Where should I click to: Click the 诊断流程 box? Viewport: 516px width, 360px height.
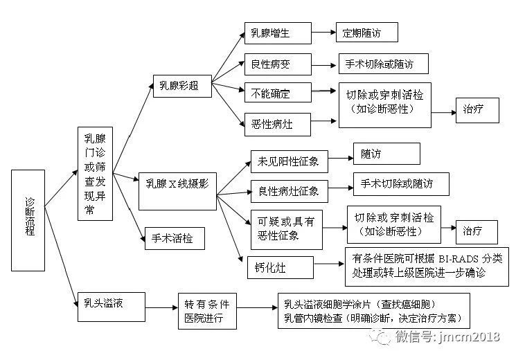tap(28, 219)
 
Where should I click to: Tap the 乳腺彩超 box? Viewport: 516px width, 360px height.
tap(179, 86)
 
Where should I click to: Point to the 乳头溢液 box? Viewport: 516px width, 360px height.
tap(109, 302)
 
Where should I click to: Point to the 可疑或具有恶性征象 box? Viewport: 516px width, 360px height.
tap(285, 228)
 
